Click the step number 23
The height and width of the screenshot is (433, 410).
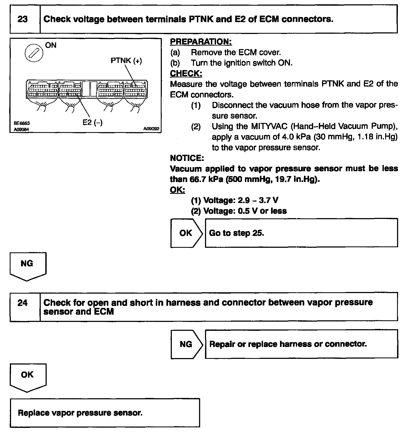23,19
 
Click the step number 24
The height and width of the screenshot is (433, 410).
23,303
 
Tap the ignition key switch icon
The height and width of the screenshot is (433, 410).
34,52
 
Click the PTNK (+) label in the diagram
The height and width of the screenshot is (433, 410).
126,60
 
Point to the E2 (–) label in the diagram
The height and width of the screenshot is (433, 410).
93,122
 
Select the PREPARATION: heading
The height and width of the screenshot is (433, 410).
201,42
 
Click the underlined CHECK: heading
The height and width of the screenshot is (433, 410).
186,74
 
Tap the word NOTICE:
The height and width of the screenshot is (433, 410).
187,158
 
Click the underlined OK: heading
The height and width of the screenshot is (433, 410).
177,190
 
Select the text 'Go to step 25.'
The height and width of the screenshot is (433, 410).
237,233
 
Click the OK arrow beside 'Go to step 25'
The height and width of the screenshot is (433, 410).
186,233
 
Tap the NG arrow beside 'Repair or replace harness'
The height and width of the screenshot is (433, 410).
186,344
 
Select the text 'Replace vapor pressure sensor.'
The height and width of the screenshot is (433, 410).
80,413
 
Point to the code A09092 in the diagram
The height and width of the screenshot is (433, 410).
152,129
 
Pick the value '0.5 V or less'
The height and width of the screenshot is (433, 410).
262,211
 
